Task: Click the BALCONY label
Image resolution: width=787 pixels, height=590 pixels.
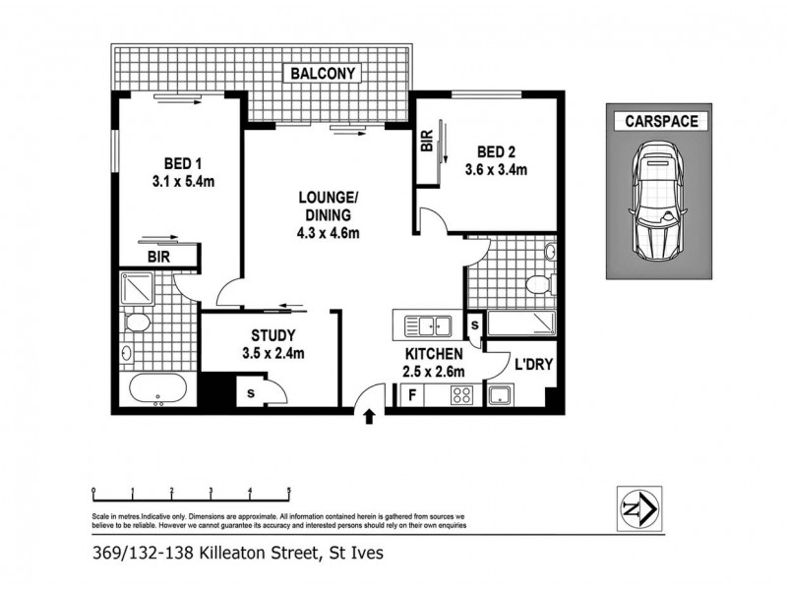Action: click(x=323, y=73)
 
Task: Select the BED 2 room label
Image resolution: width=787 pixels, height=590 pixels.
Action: click(x=496, y=151)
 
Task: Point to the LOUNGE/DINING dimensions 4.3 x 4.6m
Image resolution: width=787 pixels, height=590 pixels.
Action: click(x=330, y=232)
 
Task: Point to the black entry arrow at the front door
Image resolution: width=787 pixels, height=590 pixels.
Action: click(x=370, y=417)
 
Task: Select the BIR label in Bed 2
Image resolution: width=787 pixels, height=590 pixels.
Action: click(x=427, y=142)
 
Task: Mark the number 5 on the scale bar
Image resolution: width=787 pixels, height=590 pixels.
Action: click(x=288, y=489)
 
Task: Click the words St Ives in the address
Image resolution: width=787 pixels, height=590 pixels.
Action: click(x=353, y=554)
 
